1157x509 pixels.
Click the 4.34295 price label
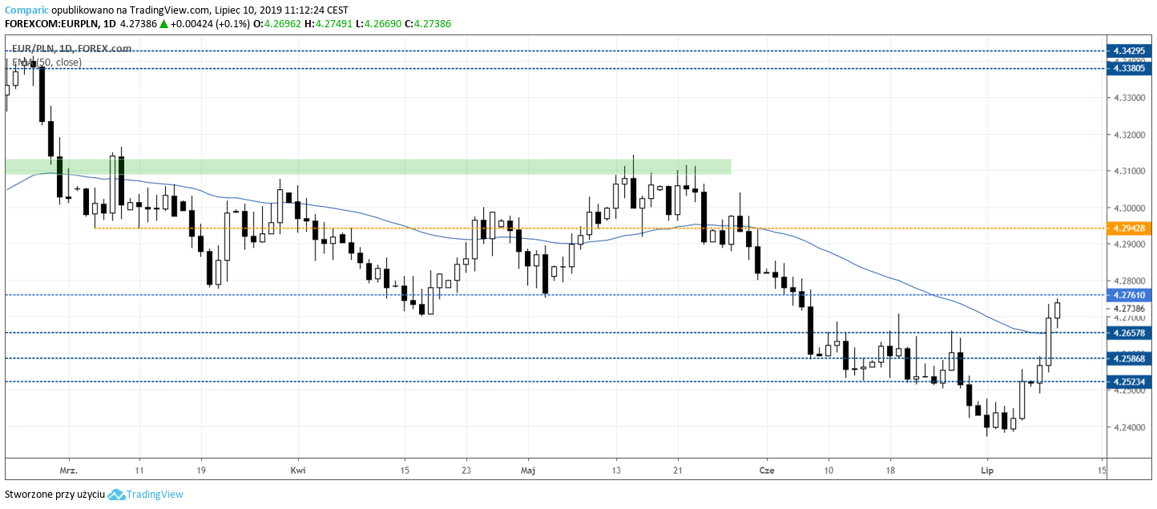click(1130, 50)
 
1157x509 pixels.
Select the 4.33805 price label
click(1130, 69)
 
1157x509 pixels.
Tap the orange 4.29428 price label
click(1130, 228)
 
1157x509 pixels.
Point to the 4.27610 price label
click(1130, 295)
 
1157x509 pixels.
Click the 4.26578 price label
click(1130, 332)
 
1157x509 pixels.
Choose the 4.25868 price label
click(1130, 358)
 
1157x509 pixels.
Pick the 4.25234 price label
click(1130, 382)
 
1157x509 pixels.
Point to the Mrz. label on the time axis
click(70, 470)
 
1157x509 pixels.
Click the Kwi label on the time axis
click(298, 470)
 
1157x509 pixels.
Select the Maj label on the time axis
click(527, 470)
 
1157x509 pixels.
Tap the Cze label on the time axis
click(767, 470)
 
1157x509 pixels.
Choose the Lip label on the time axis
click(986, 470)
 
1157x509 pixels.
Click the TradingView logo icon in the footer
click(117, 495)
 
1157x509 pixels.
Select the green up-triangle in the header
click(163, 24)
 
